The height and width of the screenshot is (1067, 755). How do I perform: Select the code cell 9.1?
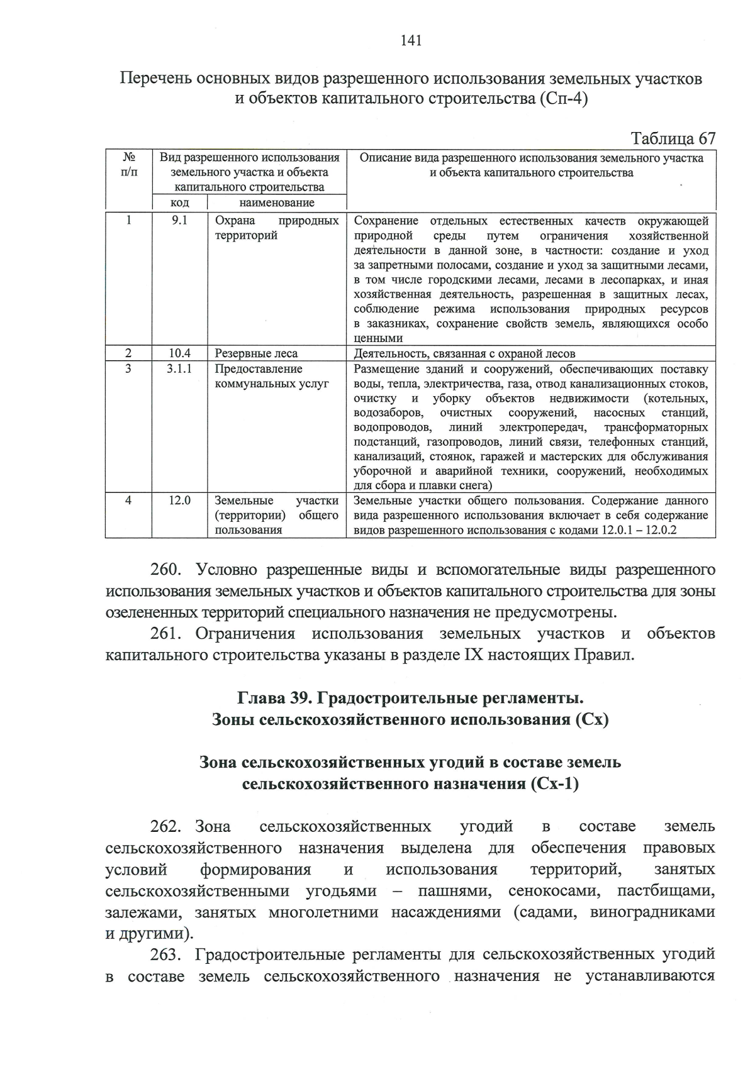click(179, 221)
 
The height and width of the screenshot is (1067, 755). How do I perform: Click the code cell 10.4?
click(179, 353)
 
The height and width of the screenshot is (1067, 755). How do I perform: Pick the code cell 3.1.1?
click(179, 369)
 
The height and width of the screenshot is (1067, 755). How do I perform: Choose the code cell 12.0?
click(179, 500)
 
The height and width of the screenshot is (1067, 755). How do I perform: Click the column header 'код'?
click(179, 202)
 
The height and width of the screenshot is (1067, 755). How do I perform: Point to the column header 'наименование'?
click(277, 202)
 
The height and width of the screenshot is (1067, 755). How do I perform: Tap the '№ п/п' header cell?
click(128, 165)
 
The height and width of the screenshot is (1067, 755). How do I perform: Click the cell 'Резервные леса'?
click(256, 353)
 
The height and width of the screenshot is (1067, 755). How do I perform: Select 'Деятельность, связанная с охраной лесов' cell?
click(464, 353)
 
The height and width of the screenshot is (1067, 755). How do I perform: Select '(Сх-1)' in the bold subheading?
click(554, 784)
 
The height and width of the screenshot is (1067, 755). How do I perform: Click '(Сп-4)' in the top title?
click(564, 100)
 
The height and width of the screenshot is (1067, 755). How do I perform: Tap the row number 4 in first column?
click(128, 500)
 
